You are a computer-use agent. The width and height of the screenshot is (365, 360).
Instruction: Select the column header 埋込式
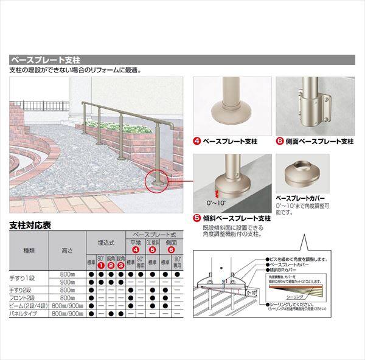pyautogui.click(x=105, y=241)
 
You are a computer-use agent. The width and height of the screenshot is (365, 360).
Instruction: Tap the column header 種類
pyautogui.click(x=29, y=249)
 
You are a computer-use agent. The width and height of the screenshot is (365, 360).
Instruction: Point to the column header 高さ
pyautogui.click(x=67, y=249)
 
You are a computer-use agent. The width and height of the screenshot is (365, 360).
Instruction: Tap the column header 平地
pyautogui.click(x=135, y=241)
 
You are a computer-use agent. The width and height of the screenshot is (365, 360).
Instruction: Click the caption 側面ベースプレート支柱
pyautogui.click(x=319, y=142)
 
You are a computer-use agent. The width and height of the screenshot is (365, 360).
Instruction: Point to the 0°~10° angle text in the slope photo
pyautogui.click(x=215, y=202)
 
